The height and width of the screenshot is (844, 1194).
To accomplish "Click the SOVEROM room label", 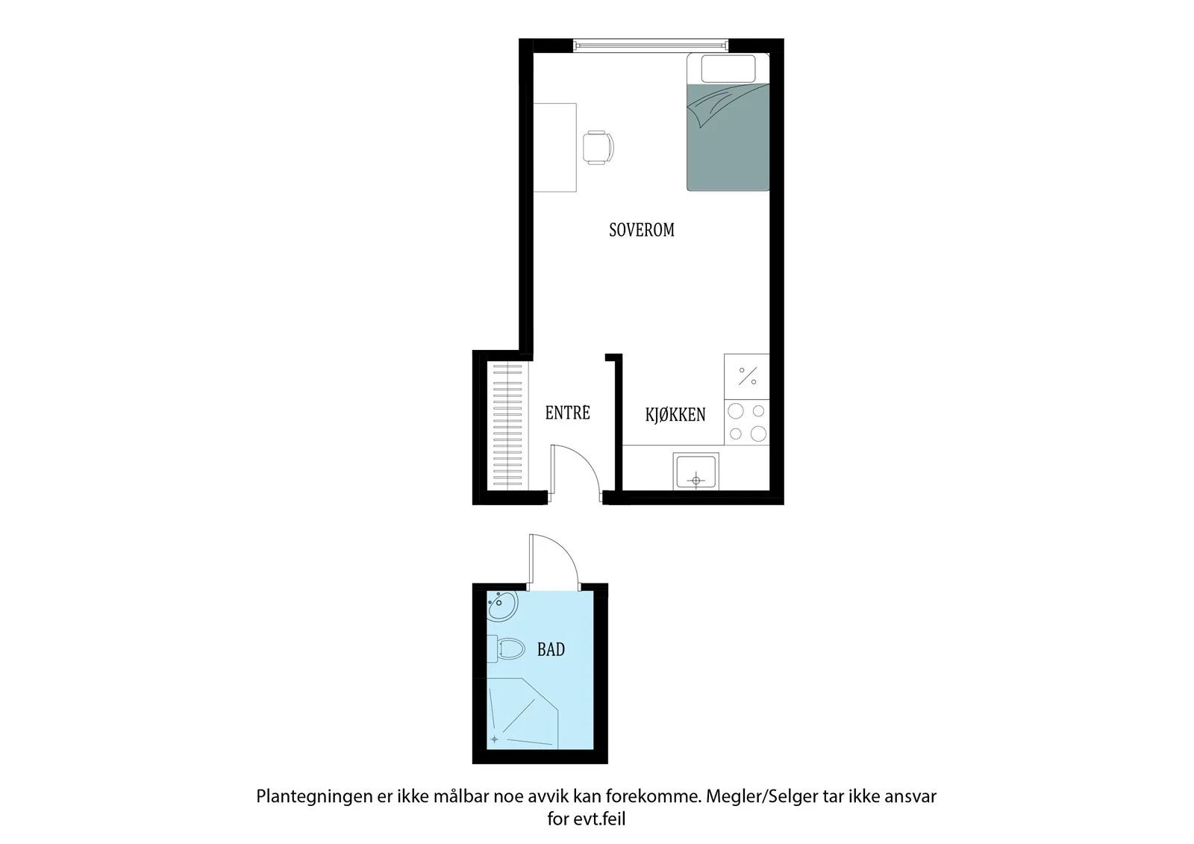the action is [642, 230].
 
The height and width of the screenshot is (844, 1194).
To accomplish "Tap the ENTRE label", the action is [568, 413].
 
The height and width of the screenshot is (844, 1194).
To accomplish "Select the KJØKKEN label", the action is [675, 414].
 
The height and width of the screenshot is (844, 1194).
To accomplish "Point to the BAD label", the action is [551, 649].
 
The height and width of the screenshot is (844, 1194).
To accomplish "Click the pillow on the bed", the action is [728, 69].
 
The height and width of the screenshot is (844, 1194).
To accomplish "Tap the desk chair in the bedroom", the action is [598, 148].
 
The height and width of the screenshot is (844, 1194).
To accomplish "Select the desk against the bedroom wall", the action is [555, 148].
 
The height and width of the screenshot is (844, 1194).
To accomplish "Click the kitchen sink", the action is [696, 471].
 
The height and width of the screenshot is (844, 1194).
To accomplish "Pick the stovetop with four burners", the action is [747, 422].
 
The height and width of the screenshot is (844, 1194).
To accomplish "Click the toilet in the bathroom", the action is [506, 649].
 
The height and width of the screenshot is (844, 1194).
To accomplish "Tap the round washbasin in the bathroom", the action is [502, 606].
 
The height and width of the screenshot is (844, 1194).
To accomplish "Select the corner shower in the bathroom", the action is [523, 713].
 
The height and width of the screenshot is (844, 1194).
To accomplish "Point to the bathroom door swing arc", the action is [565, 549].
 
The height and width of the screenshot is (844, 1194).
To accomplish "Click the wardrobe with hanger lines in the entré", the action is [507, 425].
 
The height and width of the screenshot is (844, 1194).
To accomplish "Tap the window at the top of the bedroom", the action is [651, 46].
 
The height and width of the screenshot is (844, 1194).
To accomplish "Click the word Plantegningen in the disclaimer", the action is [314, 797].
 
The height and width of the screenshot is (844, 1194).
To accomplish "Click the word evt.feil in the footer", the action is [599, 819].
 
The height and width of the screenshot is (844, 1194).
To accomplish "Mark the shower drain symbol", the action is [495, 739].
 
